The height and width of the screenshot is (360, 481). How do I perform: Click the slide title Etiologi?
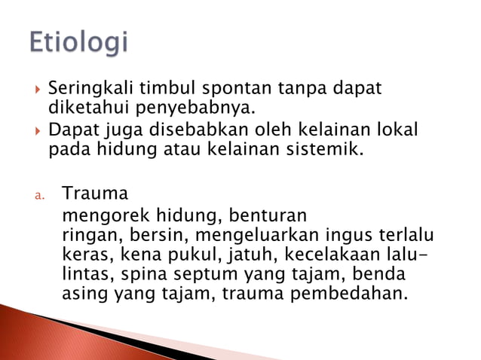pos(79,42)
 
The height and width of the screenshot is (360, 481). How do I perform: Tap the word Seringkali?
pos(86,90)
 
